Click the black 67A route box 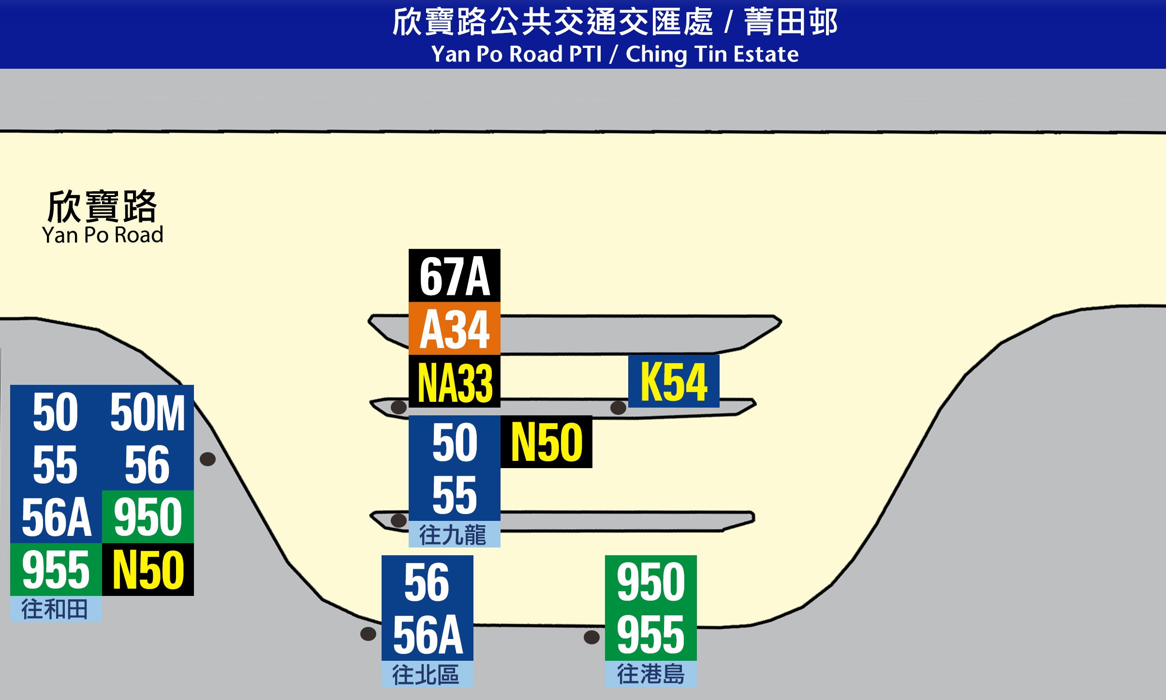pyautogui.click(x=455, y=275)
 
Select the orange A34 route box pyautogui.click(x=455, y=329)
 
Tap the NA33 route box pyautogui.click(x=455, y=381)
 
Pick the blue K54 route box pyautogui.click(x=674, y=381)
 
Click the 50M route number pyautogui.click(x=148, y=412)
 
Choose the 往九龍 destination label pyautogui.click(x=455, y=534)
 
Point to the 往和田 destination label pyautogui.click(x=56, y=609)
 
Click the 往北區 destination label pyautogui.click(x=428, y=674)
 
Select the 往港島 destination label pyautogui.click(x=651, y=674)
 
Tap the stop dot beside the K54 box pyautogui.click(x=618, y=408)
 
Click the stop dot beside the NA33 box pyautogui.click(x=399, y=407)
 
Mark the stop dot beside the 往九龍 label pyautogui.click(x=399, y=520)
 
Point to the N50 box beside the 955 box pyautogui.click(x=148, y=570)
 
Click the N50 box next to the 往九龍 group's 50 pyautogui.click(x=546, y=442)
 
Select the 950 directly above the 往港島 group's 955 pyautogui.click(x=651, y=582)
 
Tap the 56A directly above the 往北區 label pyautogui.click(x=428, y=634)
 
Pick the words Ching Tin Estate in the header pyautogui.click(x=712, y=54)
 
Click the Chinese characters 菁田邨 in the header pyautogui.click(x=791, y=22)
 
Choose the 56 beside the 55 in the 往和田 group pyautogui.click(x=148, y=465)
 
